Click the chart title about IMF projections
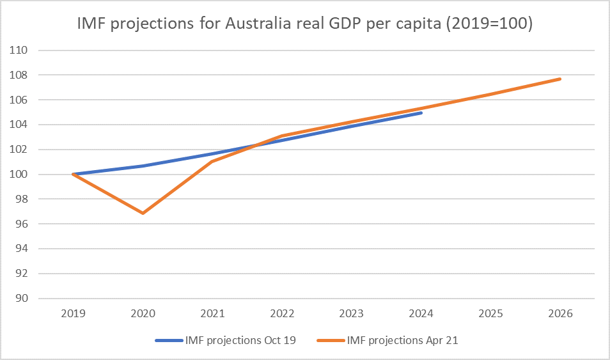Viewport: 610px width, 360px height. pyautogui.click(x=305, y=26)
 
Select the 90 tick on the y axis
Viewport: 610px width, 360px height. pyautogui.click(x=24, y=299)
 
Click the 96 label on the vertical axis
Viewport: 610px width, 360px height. pyautogui.click(x=24, y=224)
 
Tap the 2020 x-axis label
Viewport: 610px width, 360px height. pyautogui.click(x=143, y=314)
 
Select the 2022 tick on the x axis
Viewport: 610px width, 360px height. pyautogui.click(x=282, y=314)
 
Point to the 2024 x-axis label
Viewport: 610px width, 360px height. pyautogui.click(x=421, y=314)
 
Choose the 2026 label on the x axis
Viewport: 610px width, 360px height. pyautogui.click(x=560, y=314)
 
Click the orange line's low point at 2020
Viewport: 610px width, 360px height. pyautogui.click(x=143, y=213)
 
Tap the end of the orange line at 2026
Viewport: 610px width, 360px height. pyautogui.click(x=560, y=79)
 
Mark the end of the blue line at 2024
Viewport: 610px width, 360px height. pyautogui.click(x=421, y=113)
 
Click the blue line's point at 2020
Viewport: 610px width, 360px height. pyautogui.click(x=143, y=166)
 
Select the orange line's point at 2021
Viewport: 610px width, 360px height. pyautogui.click(x=212, y=161)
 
